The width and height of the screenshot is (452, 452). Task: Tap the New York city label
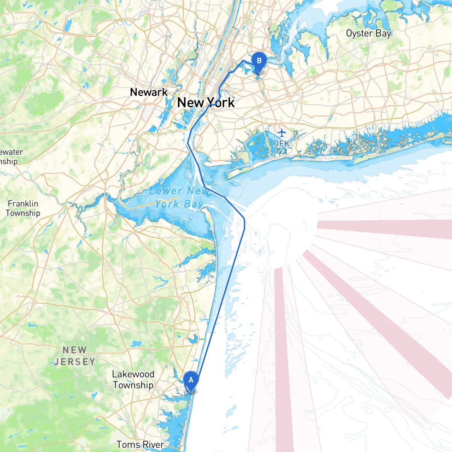(206, 103)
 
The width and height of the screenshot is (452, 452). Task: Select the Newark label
(149, 92)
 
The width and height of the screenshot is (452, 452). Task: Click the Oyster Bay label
(368, 34)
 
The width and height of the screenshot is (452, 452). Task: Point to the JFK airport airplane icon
(281, 133)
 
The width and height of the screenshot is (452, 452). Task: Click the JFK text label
(282, 143)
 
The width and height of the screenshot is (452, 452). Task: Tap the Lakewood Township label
(133, 380)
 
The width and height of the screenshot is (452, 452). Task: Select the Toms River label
(140, 445)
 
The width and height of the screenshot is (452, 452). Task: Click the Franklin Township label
(23, 208)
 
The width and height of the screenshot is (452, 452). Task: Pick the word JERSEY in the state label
(75, 362)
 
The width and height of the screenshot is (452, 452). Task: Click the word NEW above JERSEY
(75, 350)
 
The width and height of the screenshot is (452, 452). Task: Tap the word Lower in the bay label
(166, 191)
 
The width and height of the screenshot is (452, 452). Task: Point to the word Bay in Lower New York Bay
(193, 204)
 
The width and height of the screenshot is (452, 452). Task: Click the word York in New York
(221, 103)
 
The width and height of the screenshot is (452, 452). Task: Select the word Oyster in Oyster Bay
(359, 34)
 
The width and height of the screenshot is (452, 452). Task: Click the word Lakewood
(133, 374)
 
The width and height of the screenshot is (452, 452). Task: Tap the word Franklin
(23, 204)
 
